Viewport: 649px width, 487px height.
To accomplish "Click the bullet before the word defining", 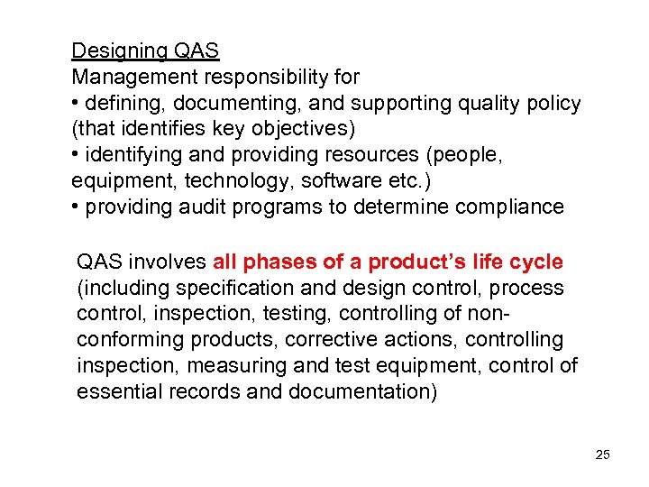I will point(76,104).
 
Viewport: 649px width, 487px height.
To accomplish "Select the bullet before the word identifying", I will point(76,155).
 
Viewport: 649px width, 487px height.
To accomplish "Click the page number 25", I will point(603,455).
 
